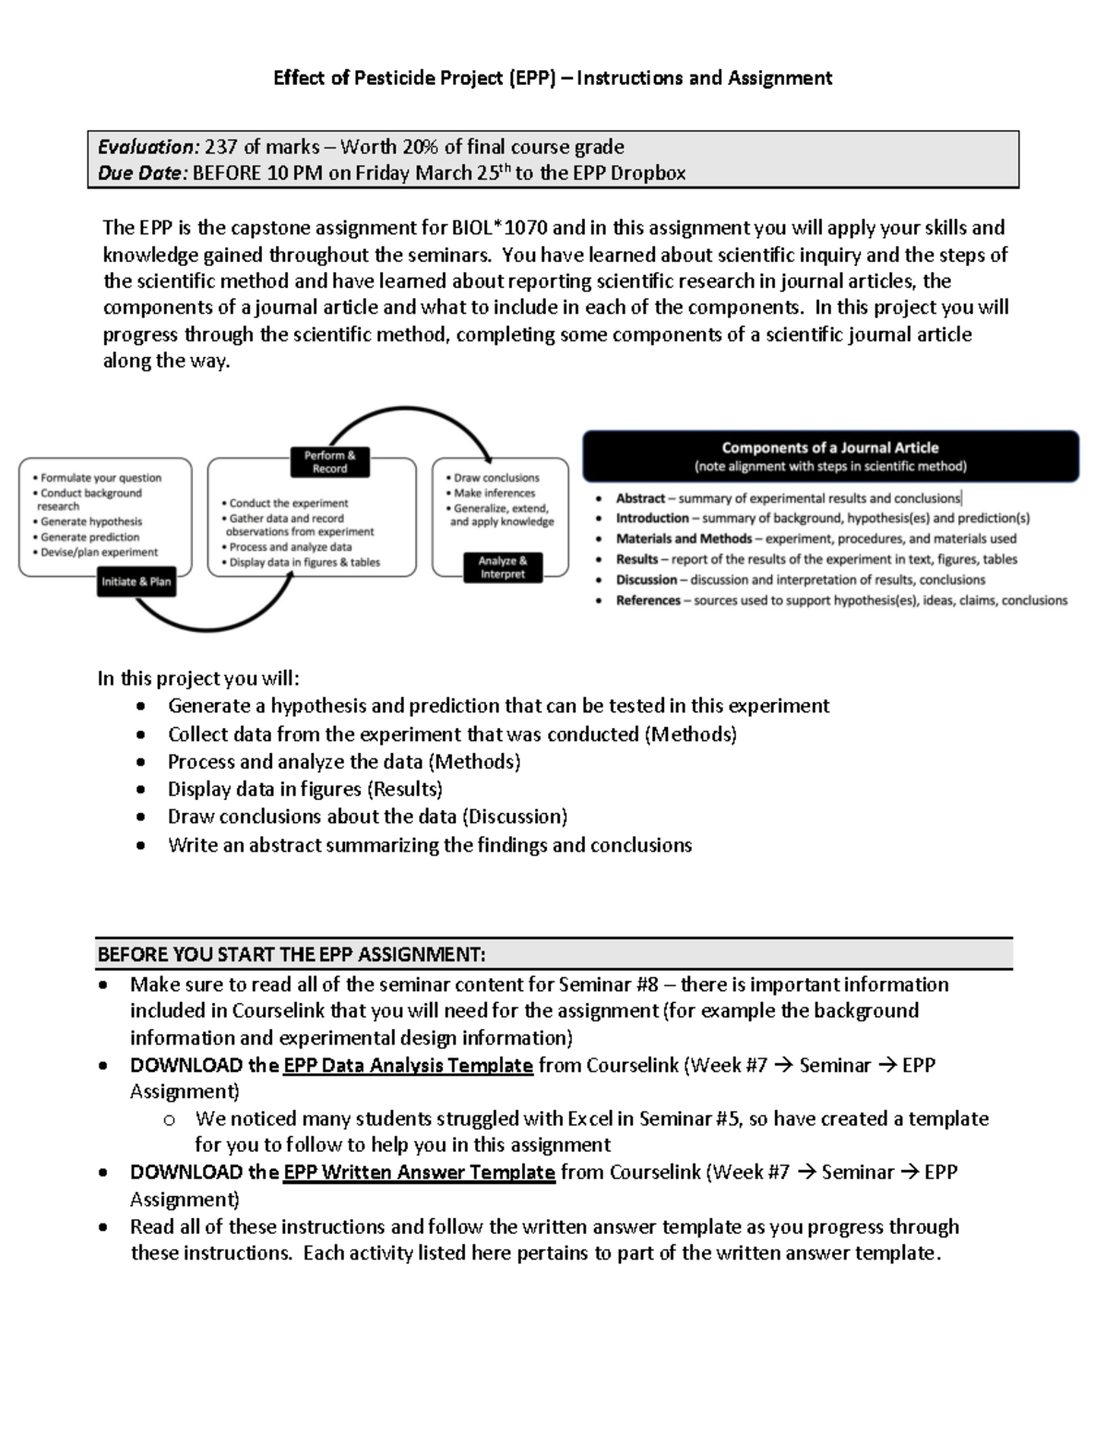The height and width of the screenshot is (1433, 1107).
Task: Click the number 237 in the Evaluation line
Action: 221,147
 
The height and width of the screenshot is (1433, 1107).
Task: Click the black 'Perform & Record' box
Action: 329,461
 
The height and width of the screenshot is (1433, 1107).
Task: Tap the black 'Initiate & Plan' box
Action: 137,582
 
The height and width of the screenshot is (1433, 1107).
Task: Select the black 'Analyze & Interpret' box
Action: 503,567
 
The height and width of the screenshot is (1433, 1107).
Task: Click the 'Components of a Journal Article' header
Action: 829,448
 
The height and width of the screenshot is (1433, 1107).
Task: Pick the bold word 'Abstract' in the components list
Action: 640,498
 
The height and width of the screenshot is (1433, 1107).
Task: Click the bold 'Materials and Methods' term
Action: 684,539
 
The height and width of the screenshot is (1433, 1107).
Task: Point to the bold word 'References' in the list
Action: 648,601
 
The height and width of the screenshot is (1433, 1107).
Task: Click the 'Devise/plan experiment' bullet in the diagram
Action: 99,553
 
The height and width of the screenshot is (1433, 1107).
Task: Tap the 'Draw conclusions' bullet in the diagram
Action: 496,478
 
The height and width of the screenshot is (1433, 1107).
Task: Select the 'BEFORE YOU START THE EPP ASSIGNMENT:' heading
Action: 292,954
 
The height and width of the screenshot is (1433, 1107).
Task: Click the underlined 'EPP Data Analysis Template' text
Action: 408,1066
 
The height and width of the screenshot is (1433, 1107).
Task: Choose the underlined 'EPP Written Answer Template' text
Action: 419,1173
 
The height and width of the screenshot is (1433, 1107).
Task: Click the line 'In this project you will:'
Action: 198,679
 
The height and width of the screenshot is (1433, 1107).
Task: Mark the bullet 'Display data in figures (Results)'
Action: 304,790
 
